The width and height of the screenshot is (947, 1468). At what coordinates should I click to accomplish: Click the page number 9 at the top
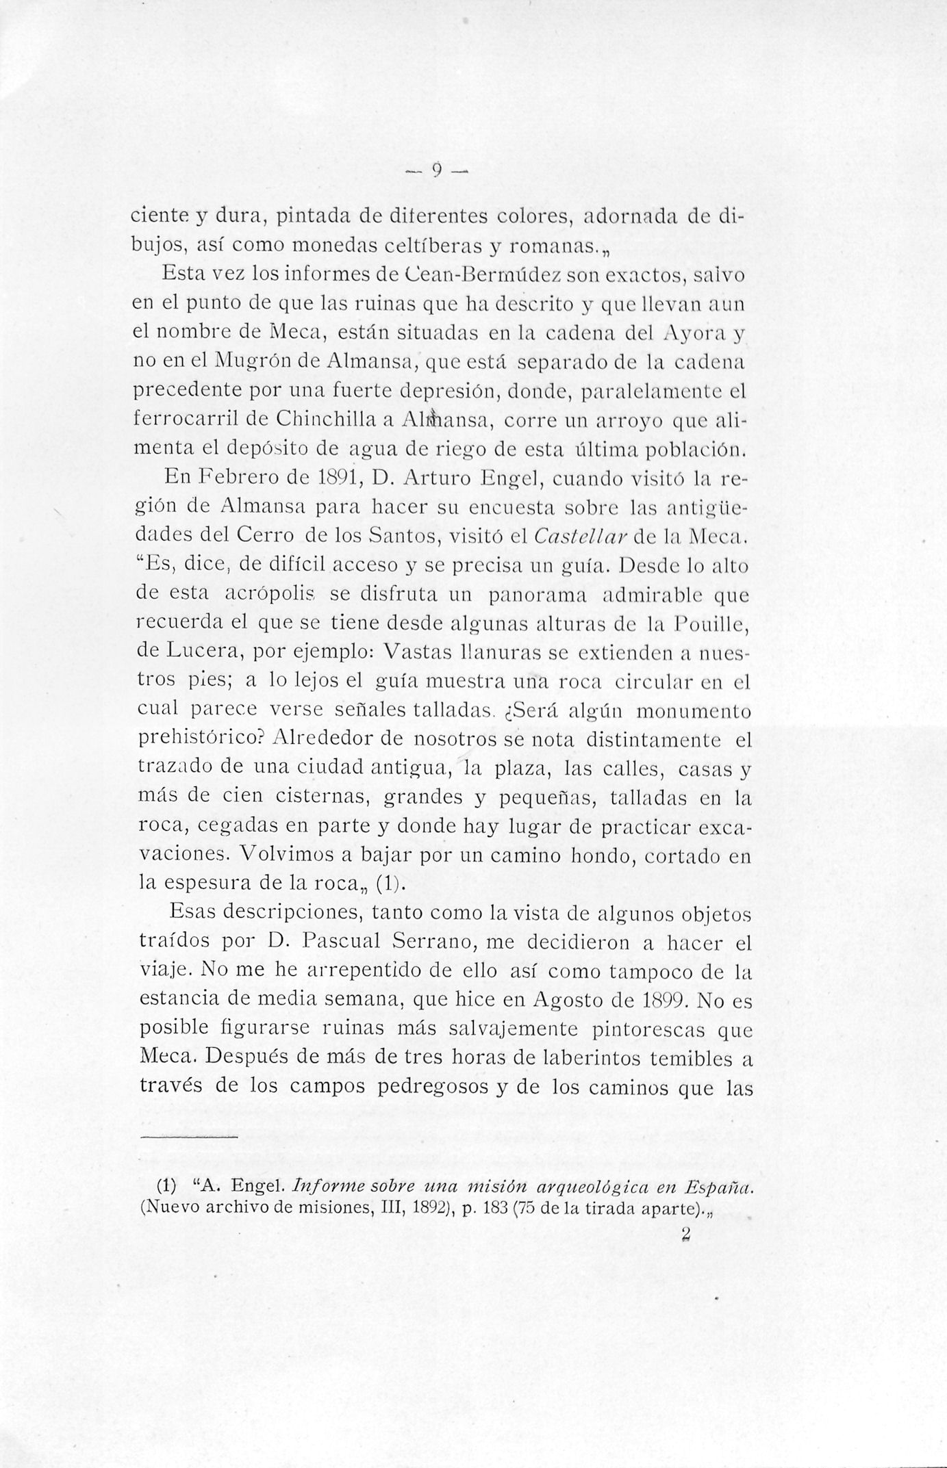pos(435,169)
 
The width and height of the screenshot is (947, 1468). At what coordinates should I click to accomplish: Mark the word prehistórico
pos(201,739)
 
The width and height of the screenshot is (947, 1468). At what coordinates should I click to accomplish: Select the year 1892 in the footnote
pos(429,1208)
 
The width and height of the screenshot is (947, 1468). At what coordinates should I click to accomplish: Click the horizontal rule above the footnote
pos(188,1137)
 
